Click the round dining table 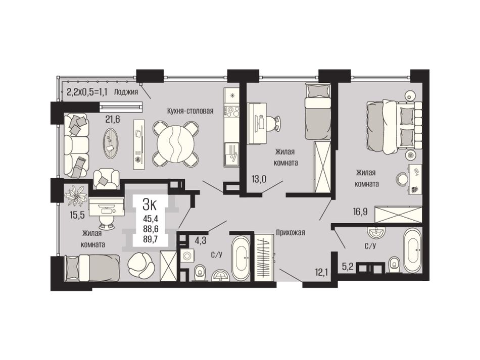click(x=175, y=143)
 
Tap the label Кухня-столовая click(x=190, y=111)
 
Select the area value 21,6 click(x=112, y=119)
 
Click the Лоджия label click(x=126, y=91)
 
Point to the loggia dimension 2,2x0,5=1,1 click(x=86, y=91)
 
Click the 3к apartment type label click(x=150, y=204)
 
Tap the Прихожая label click(x=290, y=232)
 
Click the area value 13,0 click(x=259, y=179)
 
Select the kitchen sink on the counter click(x=232, y=155)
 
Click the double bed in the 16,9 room click(x=394, y=126)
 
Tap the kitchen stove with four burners click(x=232, y=111)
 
